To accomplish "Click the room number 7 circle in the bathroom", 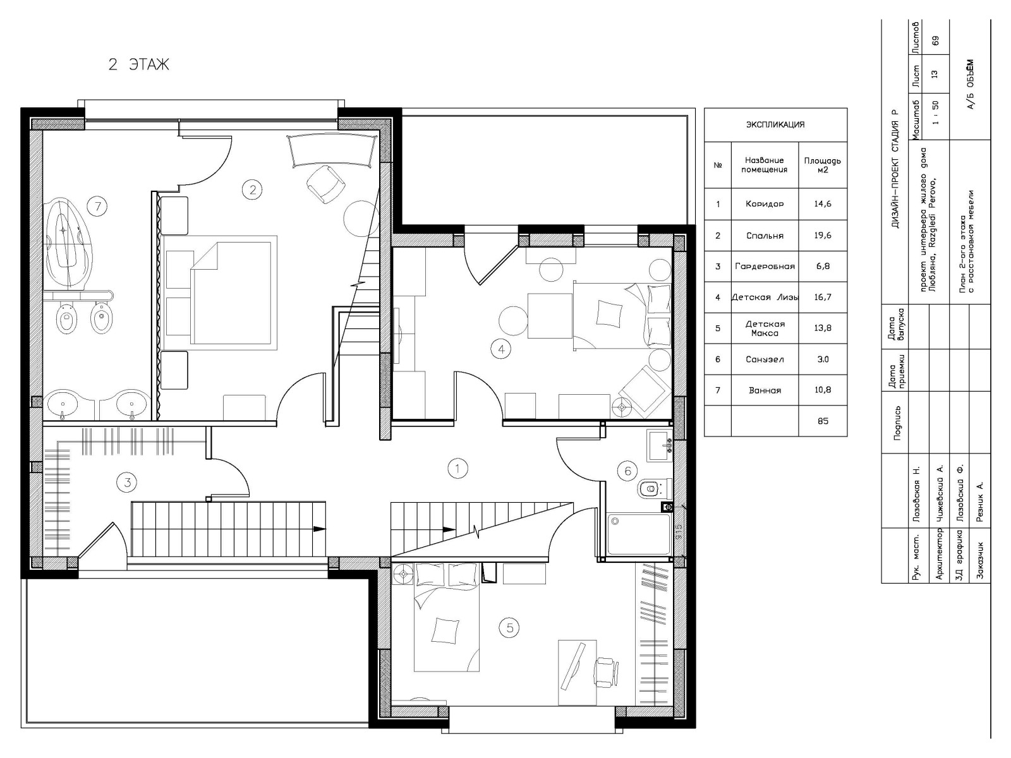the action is (98, 206).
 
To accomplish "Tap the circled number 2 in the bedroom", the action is (252, 189).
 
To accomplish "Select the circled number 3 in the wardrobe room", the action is (128, 483).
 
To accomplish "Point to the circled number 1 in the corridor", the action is (457, 469).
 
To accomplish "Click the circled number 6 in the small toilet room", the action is (627, 471).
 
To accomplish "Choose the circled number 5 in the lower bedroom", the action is (509, 628).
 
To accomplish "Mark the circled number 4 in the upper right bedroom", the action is (501, 349).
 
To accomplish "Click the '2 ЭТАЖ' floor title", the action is (138, 64).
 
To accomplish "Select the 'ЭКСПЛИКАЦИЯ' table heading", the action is (775, 124).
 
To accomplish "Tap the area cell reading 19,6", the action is (823, 235).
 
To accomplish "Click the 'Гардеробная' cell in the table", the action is (765, 266).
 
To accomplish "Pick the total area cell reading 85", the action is (823, 421).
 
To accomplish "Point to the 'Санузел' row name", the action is (765, 359).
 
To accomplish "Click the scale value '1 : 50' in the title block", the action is (935, 113).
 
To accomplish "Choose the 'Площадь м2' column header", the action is (823, 165).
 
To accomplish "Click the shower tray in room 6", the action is (639, 534).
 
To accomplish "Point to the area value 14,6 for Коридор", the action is (823, 204).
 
